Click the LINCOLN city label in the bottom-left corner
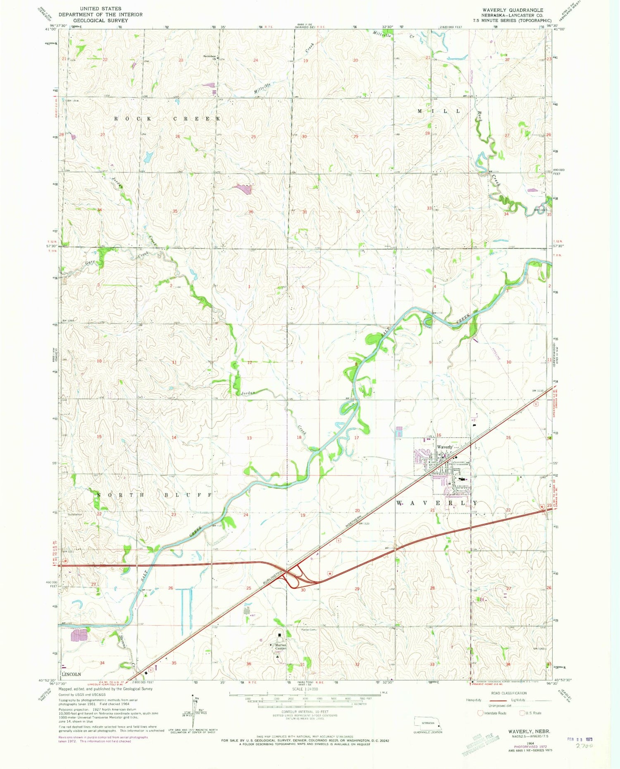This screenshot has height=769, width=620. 71,674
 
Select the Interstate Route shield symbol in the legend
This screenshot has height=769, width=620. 480,713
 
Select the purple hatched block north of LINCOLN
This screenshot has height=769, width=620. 79,635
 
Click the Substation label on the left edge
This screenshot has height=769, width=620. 74,514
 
